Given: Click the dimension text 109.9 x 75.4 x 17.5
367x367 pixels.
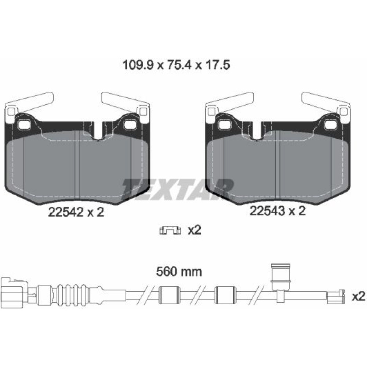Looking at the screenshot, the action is pos(176,65).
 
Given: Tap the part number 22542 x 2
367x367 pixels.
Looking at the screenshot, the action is pos(76,212).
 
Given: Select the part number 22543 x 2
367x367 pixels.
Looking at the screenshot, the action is pos(277,211).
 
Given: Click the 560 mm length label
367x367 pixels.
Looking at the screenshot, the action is pos(179,272).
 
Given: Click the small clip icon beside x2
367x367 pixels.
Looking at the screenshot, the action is pos(170,231).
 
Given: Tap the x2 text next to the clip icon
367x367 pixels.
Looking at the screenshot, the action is pos(195,230).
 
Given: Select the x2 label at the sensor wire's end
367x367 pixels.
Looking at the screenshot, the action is pos(359,297).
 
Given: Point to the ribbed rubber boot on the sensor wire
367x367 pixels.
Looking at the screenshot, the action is pos(73,295).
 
